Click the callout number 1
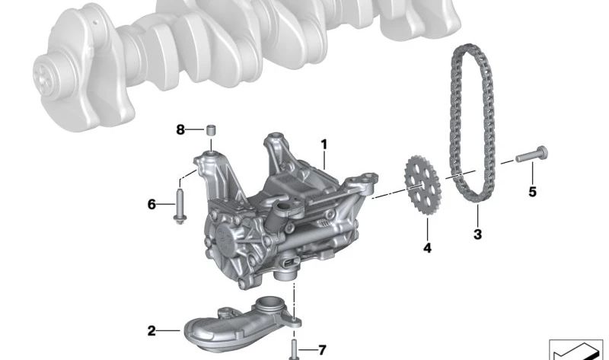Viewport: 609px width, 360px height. pyautogui.click(x=324, y=143)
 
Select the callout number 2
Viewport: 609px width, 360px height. pyautogui.click(x=151, y=330)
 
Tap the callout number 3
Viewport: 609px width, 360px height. pyautogui.click(x=477, y=234)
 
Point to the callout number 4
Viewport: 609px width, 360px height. pyautogui.click(x=427, y=248)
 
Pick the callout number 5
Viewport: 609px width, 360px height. pyautogui.click(x=532, y=192)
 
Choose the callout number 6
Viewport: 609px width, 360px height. pyautogui.click(x=151, y=204)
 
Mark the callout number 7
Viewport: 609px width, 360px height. pyautogui.click(x=321, y=350)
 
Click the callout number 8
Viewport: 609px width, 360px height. pyautogui.click(x=180, y=130)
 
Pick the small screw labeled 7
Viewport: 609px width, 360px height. pyautogui.click(x=294, y=349)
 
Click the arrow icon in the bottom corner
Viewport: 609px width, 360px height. pyautogui.click(x=575, y=349)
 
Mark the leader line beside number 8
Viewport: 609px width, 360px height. pyautogui.click(x=193, y=130)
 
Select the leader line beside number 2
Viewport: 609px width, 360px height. pyautogui.click(x=168, y=330)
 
